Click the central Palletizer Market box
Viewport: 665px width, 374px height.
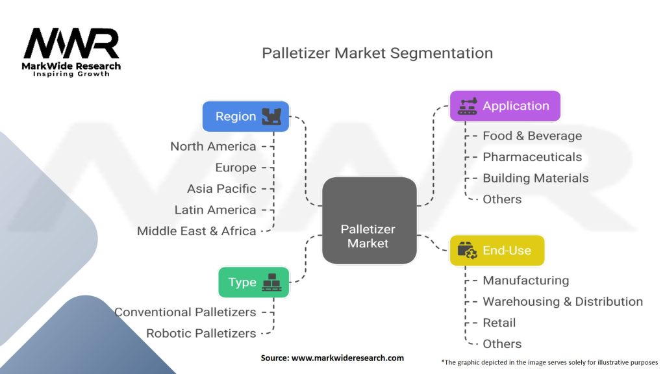(369, 221)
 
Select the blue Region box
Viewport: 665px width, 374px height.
(245, 117)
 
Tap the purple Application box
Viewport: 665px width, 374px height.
(505, 106)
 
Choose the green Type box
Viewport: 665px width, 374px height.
(253, 282)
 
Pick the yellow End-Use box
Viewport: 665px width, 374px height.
(497, 251)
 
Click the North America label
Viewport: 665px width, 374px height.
(213, 147)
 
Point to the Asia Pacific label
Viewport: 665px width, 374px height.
(221, 189)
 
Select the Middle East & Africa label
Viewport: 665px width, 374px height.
(196, 231)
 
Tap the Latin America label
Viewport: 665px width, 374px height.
(215, 210)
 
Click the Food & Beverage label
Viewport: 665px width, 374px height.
(532, 136)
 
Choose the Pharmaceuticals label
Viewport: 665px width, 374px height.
(532, 157)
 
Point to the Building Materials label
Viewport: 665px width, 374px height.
(535, 179)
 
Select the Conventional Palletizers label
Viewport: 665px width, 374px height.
(185, 312)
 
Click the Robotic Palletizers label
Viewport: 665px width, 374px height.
(201, 334)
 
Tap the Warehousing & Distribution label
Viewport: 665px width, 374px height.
(562, 302)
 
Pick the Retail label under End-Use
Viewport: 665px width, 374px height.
(499, 323)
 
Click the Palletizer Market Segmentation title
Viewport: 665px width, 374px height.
(377, 53)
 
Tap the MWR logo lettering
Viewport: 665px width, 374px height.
(71, 44)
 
